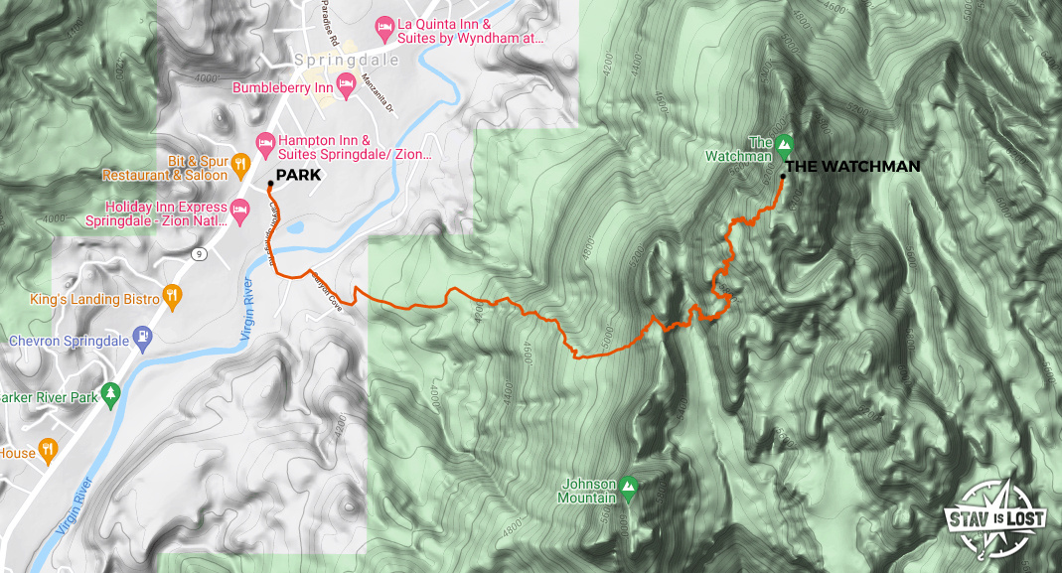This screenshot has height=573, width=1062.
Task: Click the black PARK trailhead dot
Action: [270, 183]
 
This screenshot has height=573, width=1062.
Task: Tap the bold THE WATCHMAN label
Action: [856, 167]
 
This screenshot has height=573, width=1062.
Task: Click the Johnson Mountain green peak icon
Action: [628, 487]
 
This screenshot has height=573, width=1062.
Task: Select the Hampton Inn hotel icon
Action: [265, 142]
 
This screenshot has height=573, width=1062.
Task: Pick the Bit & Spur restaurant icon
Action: [239, 163]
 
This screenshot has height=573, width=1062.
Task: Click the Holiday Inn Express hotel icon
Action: [238, 211]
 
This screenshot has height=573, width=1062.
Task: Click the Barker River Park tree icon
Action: [110, 392]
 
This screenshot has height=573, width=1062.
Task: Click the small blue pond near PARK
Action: [294, 227]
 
